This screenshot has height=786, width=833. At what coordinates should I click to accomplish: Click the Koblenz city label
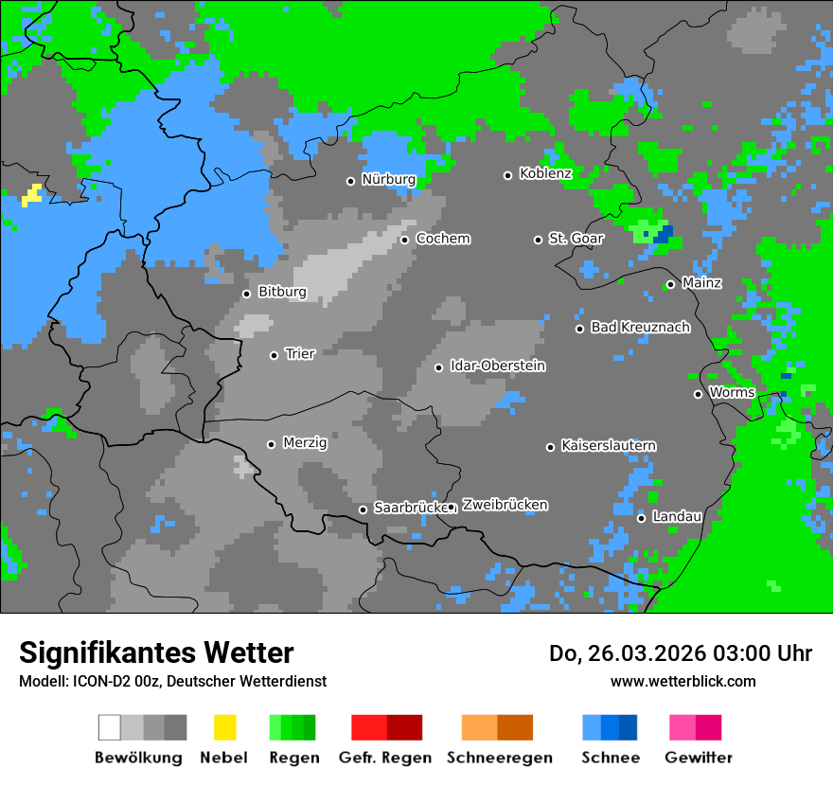(545, 173)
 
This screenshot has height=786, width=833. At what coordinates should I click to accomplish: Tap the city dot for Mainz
(670, 284)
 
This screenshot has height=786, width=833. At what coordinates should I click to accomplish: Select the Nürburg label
(388, 179)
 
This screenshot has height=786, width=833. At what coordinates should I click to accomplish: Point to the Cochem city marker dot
(404, 240)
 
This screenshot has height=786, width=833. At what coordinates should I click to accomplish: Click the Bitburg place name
(282, 292)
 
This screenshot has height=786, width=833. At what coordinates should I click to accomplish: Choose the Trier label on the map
(299, 353)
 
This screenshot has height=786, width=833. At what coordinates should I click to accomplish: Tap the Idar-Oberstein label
(497, 366)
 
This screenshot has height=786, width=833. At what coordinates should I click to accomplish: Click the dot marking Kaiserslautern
(550, 447)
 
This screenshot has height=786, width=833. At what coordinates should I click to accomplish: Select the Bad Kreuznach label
(640, 327)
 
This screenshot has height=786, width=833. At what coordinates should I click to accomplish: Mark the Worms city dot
(698, 394)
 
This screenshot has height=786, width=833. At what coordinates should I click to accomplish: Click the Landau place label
(677, 516)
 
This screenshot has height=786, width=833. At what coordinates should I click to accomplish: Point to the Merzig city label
(306, 442)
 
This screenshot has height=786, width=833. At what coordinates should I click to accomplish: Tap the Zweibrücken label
(505, 505)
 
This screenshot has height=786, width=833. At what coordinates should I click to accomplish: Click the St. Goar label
(576, 239)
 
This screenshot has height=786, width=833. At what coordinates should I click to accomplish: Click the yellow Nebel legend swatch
(224, 727)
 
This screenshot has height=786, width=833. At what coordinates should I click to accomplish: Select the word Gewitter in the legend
(699, 758)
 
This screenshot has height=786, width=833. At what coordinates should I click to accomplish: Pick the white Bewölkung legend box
(110, 727)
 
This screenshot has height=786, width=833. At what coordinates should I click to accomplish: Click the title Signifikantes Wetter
(156, 652)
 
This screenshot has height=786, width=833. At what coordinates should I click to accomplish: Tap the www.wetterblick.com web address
(682, 681)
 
